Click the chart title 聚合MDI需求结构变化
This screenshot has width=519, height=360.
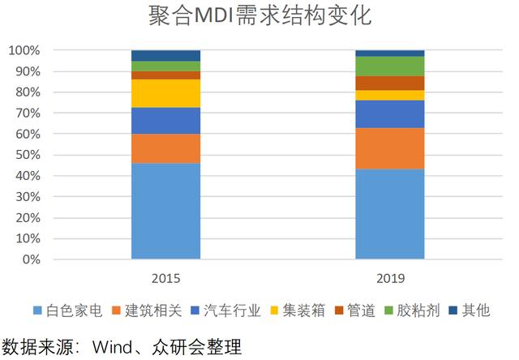[259, 15]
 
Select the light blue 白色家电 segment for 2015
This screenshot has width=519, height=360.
[165, 211]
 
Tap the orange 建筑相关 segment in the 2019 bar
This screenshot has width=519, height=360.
[390, 148]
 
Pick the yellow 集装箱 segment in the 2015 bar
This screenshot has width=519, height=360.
[165, 93]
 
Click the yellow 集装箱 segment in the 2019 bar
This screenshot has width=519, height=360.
[390, 96]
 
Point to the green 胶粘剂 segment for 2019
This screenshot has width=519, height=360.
[390, 66]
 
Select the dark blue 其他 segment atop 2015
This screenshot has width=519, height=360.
[165, 56]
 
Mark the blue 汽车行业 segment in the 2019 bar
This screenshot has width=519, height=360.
[390, 114]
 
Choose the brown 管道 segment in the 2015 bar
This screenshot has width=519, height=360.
[165, 75]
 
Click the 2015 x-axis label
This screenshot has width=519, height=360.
[165, 279]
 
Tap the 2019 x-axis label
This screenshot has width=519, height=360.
[390, 279]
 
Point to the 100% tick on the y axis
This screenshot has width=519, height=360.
[24, 50]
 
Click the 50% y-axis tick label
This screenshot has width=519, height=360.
[28, 155]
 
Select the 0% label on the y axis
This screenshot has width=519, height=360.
[32, 259]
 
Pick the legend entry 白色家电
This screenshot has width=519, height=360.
[68, 311]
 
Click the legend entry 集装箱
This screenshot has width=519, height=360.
[298, 311]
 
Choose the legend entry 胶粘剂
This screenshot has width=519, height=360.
[412, 311]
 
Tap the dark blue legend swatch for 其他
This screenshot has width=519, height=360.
[453, 311]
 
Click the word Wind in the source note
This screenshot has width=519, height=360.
[112, 347]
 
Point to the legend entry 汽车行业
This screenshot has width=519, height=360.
[225, 311]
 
